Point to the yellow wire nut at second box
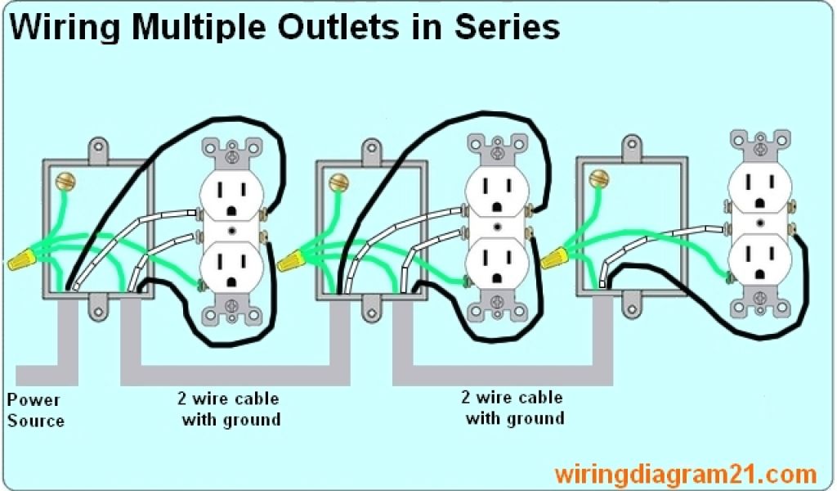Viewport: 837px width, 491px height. point(291,262)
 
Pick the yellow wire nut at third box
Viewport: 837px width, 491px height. point(554,259)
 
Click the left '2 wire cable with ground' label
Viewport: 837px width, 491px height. point(228,409)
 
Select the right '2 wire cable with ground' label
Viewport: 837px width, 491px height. point(513,408)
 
